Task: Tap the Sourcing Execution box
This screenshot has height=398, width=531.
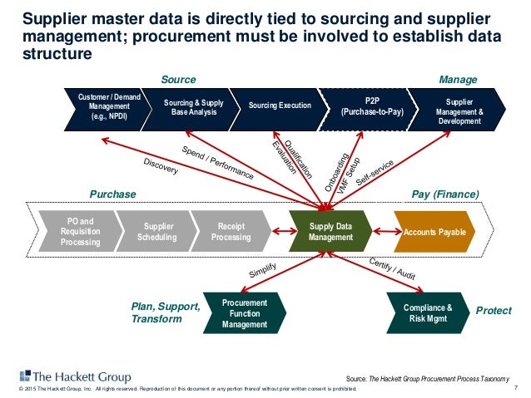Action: pyautogui.click(x=280, y=106)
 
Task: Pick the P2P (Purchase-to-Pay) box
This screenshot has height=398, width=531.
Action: pyautogui.click(x=372, y=107)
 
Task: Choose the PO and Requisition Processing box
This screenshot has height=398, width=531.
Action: pyautogui.click(x=80, y=231)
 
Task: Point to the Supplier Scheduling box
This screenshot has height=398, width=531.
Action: pyautogui.click(x=157, y=231)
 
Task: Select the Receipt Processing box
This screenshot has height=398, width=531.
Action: pyautogui.click(x=230, y=231)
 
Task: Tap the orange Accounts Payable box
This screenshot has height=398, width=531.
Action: pyautogui.click(x=434, y=231)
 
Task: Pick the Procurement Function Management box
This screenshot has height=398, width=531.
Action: pyautogui.click(x=244, y=313)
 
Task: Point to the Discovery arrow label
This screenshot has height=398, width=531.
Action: pyautogui.click(x=161, y=166)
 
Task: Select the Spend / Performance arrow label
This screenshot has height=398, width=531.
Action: pyautogui.click(x=217, y=164)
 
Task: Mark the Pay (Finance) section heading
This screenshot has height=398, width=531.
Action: pyautogui.click(x=445, y=194)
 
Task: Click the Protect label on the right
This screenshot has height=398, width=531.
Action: pyautogui.click(x=493, y=310)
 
